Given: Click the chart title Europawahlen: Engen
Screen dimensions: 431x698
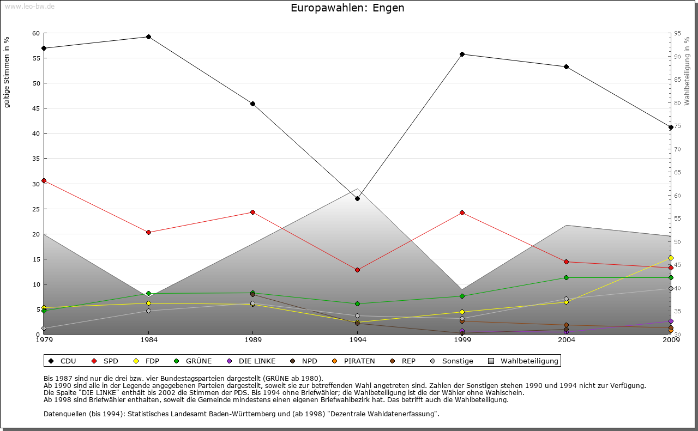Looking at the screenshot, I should click(x=347, y=8).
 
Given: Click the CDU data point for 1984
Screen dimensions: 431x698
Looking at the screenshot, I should click(x=148, y=37).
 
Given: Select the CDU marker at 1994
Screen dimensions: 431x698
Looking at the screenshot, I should click(x=357, y=198).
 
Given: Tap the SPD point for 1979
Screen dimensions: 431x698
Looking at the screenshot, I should click(x=44, y=181).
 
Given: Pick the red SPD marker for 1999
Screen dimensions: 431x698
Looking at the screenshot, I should click(x=462, y=213).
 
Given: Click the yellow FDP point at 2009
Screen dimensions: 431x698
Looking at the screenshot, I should click(x=671, y=258).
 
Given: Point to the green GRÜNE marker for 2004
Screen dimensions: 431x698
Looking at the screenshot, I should click(x=566, y=277).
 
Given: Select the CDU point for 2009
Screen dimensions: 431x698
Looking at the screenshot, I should click(x=671, y=127).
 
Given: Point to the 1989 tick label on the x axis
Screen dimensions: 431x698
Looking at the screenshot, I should click(x=253, y=341).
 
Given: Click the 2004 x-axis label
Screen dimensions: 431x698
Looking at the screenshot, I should click(x=567, y=341).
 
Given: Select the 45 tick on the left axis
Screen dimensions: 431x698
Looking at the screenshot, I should click(x=36, y=108).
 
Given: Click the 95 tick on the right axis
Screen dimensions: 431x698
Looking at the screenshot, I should click(x=677, y=34).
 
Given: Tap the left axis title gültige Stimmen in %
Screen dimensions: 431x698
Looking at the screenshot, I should click(x=7, y=72).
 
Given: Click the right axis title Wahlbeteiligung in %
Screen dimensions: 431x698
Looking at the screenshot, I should click(x=687, y=71).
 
